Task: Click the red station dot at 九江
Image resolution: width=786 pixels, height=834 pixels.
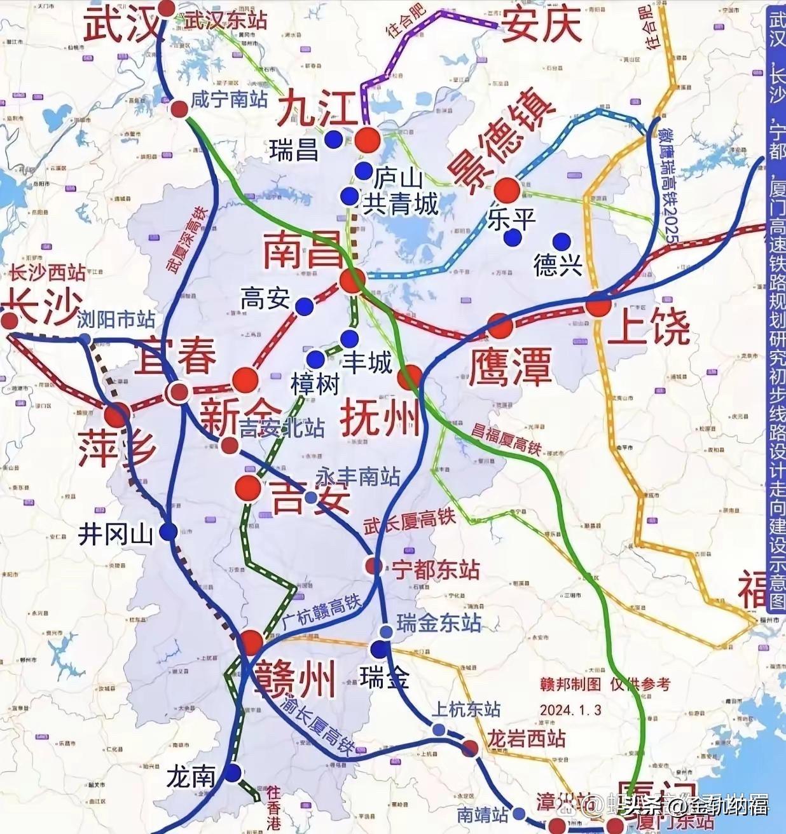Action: (367, 139)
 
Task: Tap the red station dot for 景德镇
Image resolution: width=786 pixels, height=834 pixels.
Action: (507, 189)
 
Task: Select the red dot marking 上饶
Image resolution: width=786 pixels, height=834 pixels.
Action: (598, 306)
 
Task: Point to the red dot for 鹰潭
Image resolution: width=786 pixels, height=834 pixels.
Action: (500, 325)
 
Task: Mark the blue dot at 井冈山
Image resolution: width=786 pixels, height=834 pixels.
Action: (169, 532)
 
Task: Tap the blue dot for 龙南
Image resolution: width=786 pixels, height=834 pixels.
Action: (233, 773)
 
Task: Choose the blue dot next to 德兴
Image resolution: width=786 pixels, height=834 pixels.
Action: (561, 241)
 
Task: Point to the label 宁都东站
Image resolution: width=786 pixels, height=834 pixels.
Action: (435, 570)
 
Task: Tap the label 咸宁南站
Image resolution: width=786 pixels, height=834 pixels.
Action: (229, 99)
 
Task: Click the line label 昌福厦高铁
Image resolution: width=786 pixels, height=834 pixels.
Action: (506, 439)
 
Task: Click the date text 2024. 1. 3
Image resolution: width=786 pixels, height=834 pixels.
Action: (570, 709)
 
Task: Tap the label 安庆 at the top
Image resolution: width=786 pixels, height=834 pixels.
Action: (542, 27)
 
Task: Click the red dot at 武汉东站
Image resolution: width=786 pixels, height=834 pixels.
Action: (167, 8)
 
